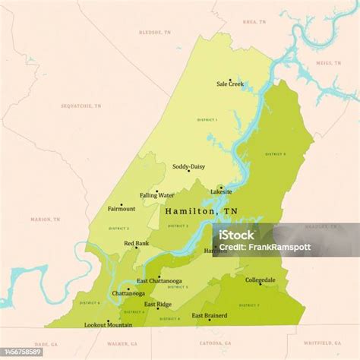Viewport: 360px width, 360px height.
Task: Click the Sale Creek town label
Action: (x=230, y=84)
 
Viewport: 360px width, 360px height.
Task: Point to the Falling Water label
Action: (x=157, y=195)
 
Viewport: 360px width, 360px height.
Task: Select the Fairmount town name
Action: (x=122, y=208)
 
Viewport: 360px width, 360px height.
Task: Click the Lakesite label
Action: (x=221, y=192)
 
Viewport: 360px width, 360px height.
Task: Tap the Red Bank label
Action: (x=137, y=243)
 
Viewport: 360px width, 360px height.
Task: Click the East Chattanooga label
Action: (x=159, y=282)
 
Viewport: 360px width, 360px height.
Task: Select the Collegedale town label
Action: (x=261, y=280)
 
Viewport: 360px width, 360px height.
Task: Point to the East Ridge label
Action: (x=158, y=305)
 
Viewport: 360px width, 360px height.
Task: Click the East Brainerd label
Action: (x=209, y=315)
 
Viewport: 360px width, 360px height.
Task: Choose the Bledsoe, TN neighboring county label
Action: (x=155, y=33)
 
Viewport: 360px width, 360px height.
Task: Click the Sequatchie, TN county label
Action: (x=81, y=106)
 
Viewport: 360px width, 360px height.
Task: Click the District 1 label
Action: (x=207, y=120)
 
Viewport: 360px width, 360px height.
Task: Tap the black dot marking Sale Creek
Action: (x=230, y=79)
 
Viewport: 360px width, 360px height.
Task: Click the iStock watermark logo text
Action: (x=238, y=234)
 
